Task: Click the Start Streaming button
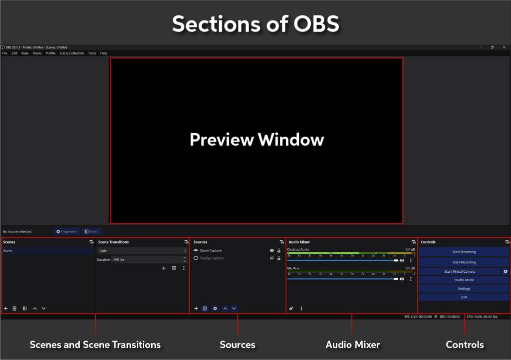[x=464, y=252]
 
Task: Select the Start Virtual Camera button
[x=460, y=272]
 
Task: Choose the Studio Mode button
[x=464, y=280]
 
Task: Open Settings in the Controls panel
[x=464, y=289]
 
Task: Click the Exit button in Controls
[x=464, y=297]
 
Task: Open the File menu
[x=4, y=53]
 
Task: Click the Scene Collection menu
[x=71, y=53]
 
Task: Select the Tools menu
[x=92, y=53]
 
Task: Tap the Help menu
[x=103, y=53]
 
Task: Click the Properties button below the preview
[x=66, y=231]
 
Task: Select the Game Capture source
[x=211, y=251]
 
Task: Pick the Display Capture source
[x=212, y=258]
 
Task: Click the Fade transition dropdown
[x=142, y=251]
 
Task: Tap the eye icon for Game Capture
[x=272, y=251]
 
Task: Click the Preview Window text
[x=256, y=139]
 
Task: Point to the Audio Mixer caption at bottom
[x=352, y=345]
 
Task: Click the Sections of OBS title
[x=255, y=23]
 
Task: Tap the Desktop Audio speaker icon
[x=402, y=260]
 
